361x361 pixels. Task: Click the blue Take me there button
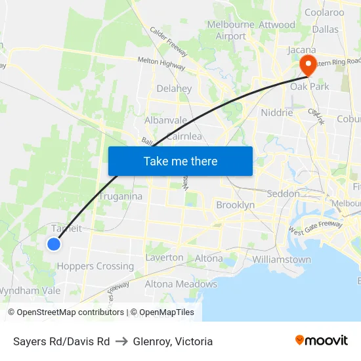coord(180,161)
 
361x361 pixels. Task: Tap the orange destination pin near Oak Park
coord(307,64)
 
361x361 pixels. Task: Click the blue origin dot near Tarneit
coord(54,244)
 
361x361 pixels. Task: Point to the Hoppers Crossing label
coord(95,266)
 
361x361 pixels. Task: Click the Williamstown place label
coord(282,259)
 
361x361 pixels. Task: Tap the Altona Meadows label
coord(180,284)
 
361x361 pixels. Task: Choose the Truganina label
coord(121,196)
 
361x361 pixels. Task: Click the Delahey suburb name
coord(174,89)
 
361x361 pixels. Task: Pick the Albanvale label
coord(166,121)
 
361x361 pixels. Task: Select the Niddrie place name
coord(276,112)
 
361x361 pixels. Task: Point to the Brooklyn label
coord(236,205)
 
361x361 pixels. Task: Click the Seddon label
coord(284,194)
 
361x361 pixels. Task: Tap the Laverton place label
coord(164,257)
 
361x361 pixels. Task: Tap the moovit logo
coord(322,341)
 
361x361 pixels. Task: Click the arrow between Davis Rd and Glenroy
coord(121,341)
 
